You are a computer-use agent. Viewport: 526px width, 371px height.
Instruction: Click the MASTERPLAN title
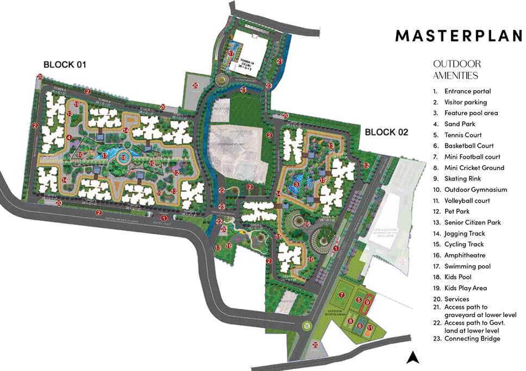pyautogui.click(x=458, y=36)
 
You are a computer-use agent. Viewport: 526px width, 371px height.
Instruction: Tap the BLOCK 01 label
pyautogui.click(x=65, y=65)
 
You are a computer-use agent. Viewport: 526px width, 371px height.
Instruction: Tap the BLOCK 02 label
pyautogui.click(x=386, y=132)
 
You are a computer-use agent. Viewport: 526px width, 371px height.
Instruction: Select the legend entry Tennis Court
pyautogui.click(x=462, y=135)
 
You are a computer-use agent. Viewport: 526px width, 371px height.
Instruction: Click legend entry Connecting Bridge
pyautogui.click(x=472, y=338)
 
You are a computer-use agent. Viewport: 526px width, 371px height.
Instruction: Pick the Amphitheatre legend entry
pyautogui.click(x=465, y=255)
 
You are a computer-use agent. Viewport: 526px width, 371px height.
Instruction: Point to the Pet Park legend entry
pyautogui.click(x=457, y=211)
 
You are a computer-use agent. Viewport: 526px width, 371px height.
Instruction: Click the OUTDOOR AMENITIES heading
pyautogui.click(x=456, y=70)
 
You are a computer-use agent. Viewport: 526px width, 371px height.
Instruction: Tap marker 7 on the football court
pyautogui.click(x=341, y=295)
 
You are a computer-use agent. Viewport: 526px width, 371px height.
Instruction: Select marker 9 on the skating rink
pyautogui.click(x=367, y=302)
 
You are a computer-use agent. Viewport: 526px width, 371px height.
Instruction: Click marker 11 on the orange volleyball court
pyautogui.click(x=370, y=328)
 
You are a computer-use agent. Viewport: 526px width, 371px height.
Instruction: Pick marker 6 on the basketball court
pyautogui.click(x=359, y=326)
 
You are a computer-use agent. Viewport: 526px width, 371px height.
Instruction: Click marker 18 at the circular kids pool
pyautogui.click(x=123, y=158)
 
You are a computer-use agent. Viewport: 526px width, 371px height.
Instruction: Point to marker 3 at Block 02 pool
pyautogui.click(x=296, y=184)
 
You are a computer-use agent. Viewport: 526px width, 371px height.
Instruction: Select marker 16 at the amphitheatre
pyautogui.click(x=307, y=224)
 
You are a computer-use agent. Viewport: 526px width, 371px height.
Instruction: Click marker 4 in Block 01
pyautogui.click(x=68, y=138)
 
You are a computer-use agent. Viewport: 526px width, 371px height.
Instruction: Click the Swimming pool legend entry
pyautogui.click(x=467, y=266)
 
